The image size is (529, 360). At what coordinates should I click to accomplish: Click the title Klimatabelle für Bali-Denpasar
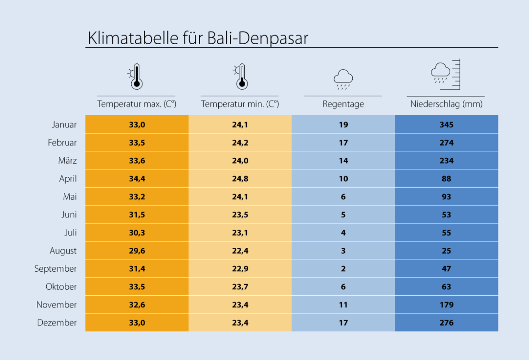(x=198, y=38)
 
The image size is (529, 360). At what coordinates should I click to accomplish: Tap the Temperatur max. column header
(x=137, y=104)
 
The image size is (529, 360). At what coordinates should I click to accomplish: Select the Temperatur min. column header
(x=240, y=104)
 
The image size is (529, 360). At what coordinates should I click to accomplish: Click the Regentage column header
(x=343, y=104)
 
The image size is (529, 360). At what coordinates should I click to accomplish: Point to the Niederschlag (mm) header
(x=446, y=104)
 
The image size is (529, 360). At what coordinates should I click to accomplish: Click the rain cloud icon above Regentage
(x=343, y=79)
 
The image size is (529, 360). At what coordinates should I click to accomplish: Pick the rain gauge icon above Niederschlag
(x=446, y=74)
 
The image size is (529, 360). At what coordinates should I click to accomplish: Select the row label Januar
(x=64, y=125)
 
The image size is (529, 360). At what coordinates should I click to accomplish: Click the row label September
(x=56, y=269)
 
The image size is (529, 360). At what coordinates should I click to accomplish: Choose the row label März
(x=67, y=161)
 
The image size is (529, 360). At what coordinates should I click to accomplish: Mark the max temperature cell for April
(x=137, y=179)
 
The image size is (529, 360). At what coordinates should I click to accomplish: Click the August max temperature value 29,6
(x=137, y=251)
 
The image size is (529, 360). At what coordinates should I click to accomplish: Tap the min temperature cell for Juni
(x=240, y=215)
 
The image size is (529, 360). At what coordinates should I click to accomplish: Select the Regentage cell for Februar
(x=343, y=143)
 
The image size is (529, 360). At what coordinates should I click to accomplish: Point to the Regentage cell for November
(x=343, y=305)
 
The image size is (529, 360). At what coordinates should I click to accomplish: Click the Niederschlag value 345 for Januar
(x=446, y=125)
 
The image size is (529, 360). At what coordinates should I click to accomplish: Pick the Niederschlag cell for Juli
(x=446, y=233)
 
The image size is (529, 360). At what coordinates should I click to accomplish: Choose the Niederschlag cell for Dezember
(x=446, y=323)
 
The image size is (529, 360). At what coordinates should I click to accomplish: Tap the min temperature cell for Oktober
(x=240, y=287)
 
